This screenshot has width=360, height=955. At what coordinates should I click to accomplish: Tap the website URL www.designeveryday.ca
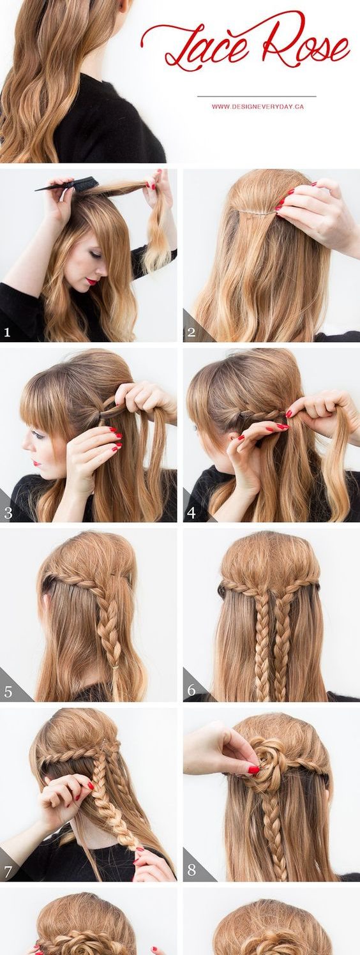[x=258, y=107]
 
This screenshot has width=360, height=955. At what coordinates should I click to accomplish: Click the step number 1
[x=7, y=332]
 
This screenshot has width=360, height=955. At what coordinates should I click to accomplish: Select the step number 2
[x=191, y=332]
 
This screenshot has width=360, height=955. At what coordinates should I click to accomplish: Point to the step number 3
[x=8, y=513]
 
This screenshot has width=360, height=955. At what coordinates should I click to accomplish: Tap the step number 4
[x=191, y=513]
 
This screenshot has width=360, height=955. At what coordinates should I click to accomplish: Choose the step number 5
[x=8, y=692]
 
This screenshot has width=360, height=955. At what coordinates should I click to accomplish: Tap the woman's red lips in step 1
[x=92, y=281]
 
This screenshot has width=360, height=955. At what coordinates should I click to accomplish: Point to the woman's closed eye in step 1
[x=94, y=255]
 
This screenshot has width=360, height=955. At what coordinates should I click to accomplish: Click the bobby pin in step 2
[x=256, y=211]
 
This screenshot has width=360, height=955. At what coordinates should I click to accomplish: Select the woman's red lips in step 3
[x=36, y=463]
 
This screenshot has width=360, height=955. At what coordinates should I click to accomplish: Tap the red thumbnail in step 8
[x=254, y=769]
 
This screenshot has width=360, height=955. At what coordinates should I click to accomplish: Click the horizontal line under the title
[x=257, y=97]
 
